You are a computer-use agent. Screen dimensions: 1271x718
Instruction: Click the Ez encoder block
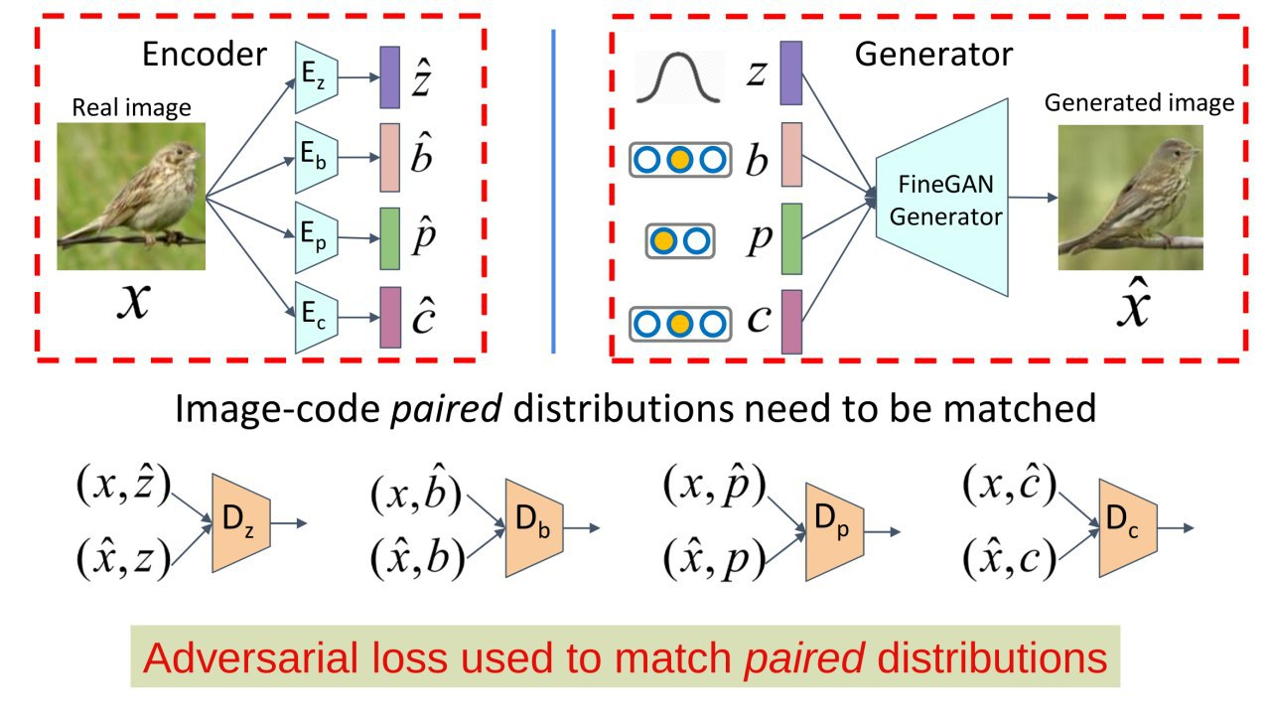316,77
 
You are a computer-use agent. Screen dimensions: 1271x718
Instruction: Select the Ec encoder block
316,317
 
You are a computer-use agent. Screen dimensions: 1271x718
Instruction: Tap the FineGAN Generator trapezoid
942,198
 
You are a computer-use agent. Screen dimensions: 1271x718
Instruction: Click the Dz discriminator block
241,522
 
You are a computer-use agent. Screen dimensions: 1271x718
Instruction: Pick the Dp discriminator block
835,532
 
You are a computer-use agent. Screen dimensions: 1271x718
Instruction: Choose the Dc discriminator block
1128,528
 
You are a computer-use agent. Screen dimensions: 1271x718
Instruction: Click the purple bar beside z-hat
390,77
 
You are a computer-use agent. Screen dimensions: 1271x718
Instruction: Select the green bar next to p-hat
390,238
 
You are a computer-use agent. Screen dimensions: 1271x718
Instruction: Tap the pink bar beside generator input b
791,154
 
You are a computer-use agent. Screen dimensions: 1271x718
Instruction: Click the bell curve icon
678,77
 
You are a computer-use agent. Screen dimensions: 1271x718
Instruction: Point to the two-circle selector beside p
680,241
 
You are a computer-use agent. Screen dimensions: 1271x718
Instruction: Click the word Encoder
205,55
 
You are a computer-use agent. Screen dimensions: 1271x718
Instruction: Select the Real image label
131,107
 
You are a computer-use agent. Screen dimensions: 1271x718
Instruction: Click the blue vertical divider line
553,192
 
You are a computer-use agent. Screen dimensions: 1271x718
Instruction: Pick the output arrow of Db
582,528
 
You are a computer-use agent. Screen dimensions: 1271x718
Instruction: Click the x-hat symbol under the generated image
1133,303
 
